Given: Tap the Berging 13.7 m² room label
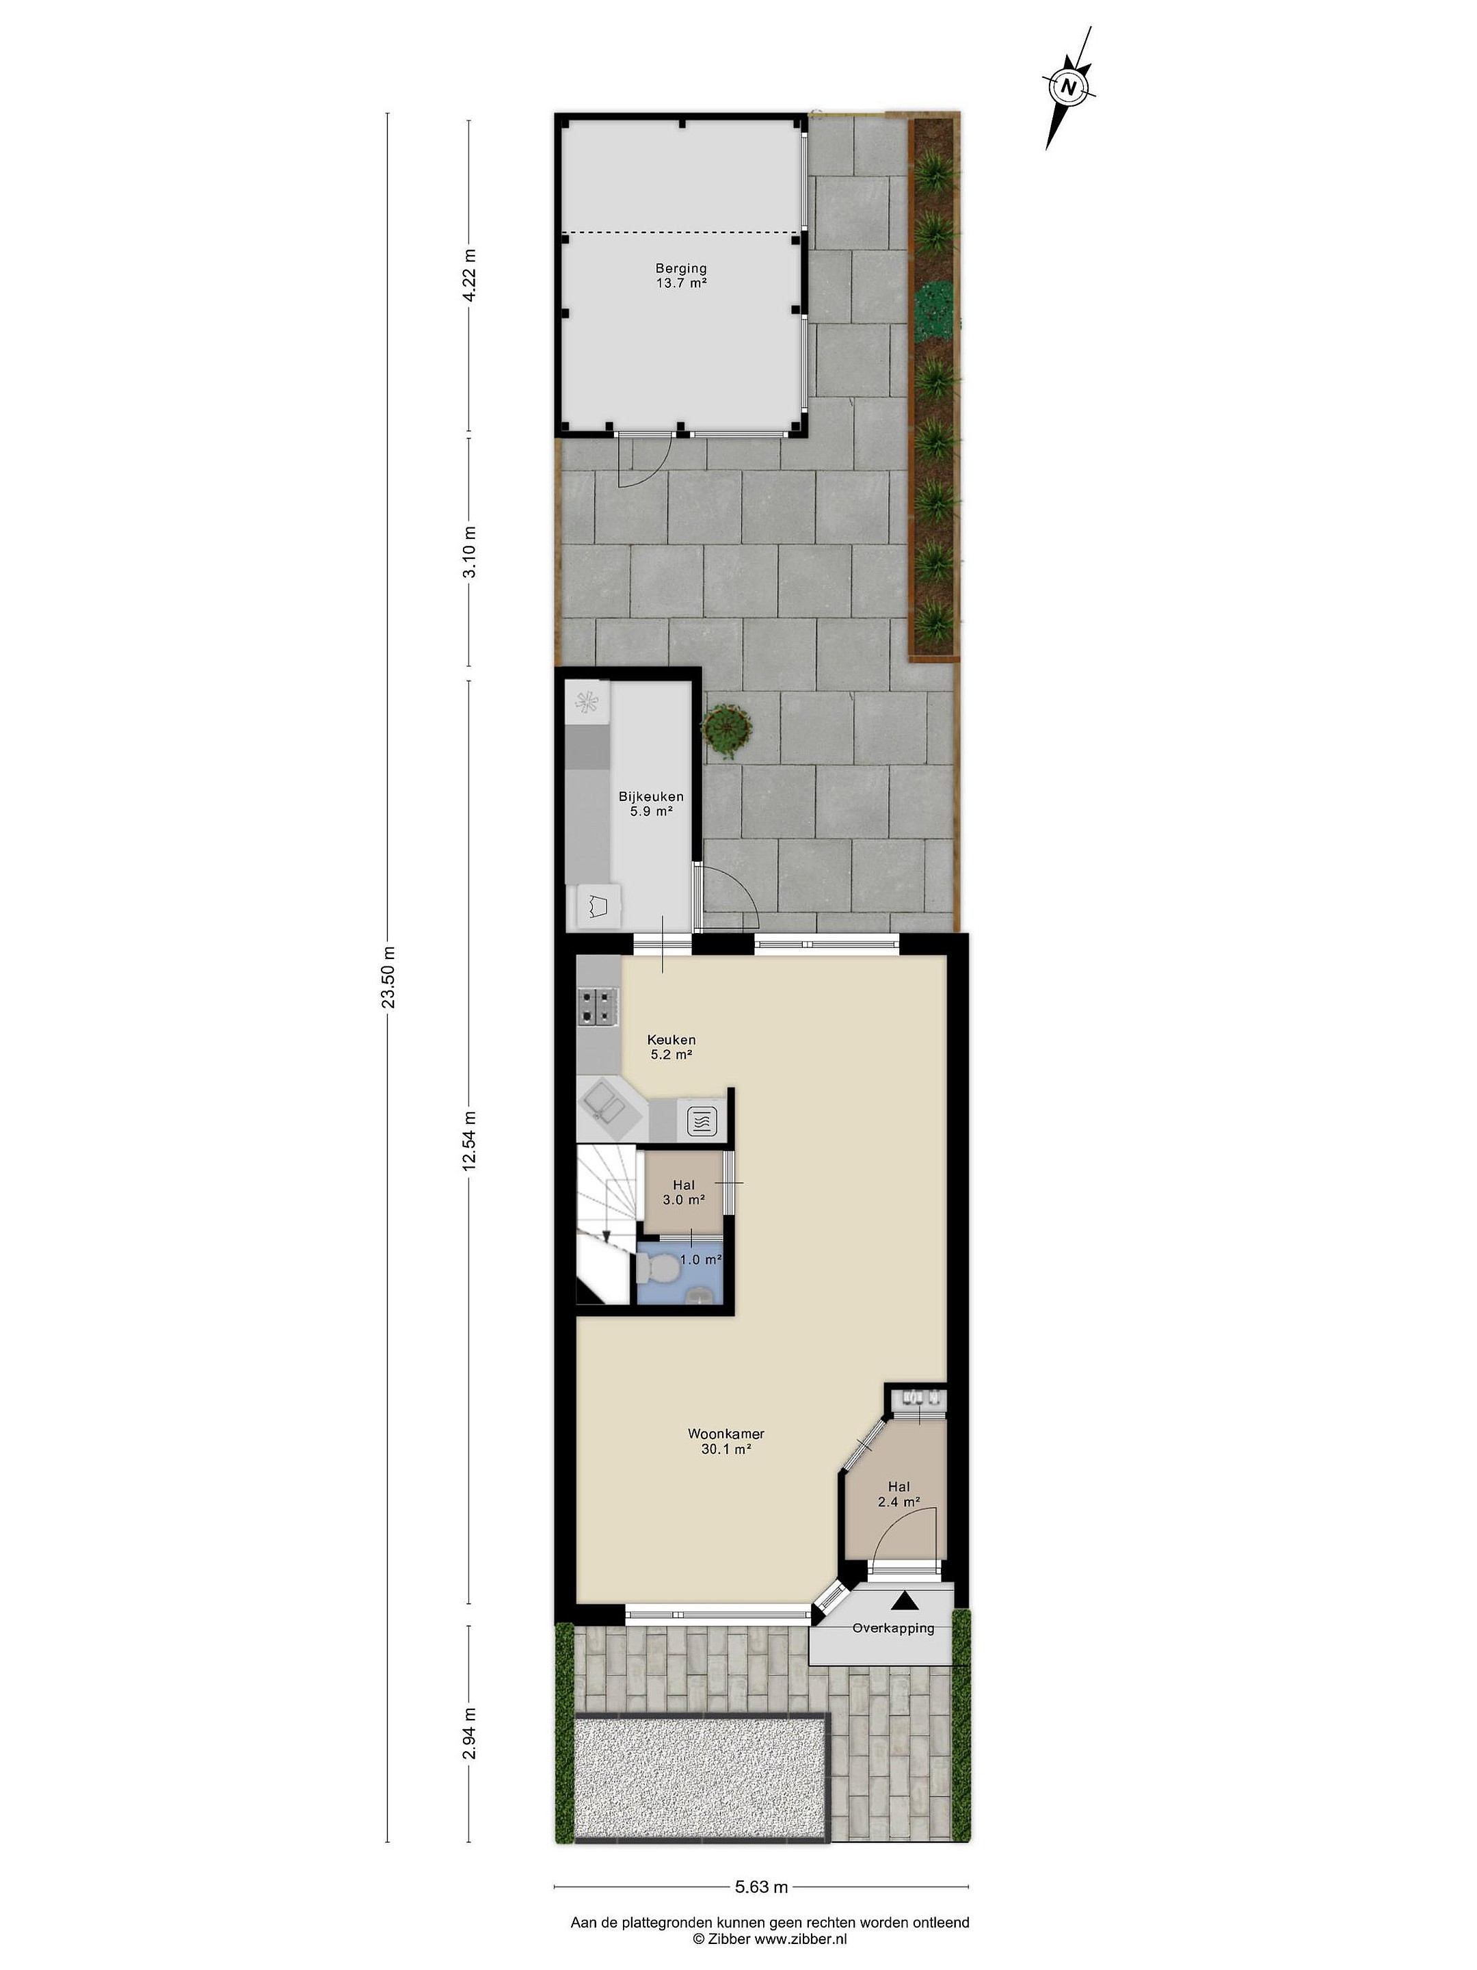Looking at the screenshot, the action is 681,275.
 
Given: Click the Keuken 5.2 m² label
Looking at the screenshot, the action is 671,1047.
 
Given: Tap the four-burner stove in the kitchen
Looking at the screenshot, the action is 598,1006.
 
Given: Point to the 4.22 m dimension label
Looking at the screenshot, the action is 469,276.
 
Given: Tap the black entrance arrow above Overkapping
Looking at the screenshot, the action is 905,1601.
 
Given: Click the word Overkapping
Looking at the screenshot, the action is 893,1628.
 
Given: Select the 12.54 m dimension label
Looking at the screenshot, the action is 469,1142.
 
